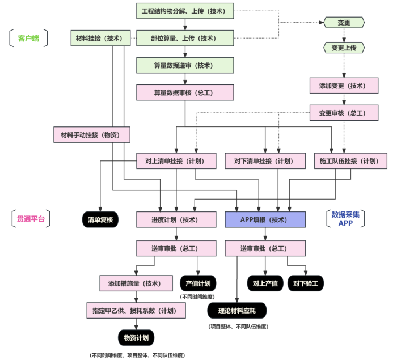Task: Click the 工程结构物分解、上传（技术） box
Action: pyautogui.click(x=185, y=11)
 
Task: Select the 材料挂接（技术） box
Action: pyautogui.click(x=99, y=39)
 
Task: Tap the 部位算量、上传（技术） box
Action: pyautogui.click(x=185, y=39)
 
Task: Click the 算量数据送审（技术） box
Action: pyautogui.click(x=185, y=66)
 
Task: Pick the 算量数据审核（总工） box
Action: pyautogui.click(x=185, y=92)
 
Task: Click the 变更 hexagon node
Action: pyautogui.click(x=344, y=23)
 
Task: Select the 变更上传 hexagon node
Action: pyautogui.click(x=344, y=48)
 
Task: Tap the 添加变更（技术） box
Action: pyautogui.click(x=345, y=86)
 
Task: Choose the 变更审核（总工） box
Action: pyautogui.click(x=345, y=113)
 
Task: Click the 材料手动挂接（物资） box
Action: pyautogui.click(x=91, y=134)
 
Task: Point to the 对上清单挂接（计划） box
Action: pyautogui.click(x=176, y=161)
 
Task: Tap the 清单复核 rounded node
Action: pyautogui.click(x=100, y=219)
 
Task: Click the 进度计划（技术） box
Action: pyautogui.click(x=176, y=219)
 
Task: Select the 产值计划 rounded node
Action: pyautogui.click(x=197, y=283)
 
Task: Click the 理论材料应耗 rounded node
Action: pyautogui.click(x=236, y=310)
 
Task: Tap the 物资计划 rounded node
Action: pyautogui.click(x=136, y=338)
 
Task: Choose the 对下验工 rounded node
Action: pyautogui.click(x=306, y=283)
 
